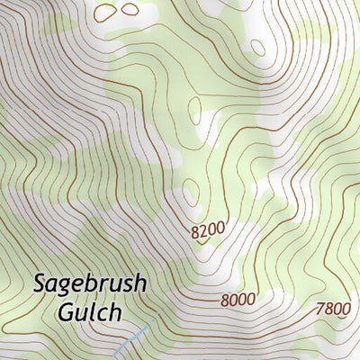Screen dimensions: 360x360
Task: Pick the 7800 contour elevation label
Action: tap(332, 309)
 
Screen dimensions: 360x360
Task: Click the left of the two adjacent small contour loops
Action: tap(109, 13)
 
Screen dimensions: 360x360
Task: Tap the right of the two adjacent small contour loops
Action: tap(130, 9)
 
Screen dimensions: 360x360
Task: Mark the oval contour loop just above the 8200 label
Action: tap(190, 192)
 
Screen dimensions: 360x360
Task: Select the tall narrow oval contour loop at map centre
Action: tap(195, 110)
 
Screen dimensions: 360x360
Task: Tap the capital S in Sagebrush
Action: tap(40, 283)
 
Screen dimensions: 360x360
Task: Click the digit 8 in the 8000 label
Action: tap(225, 300)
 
